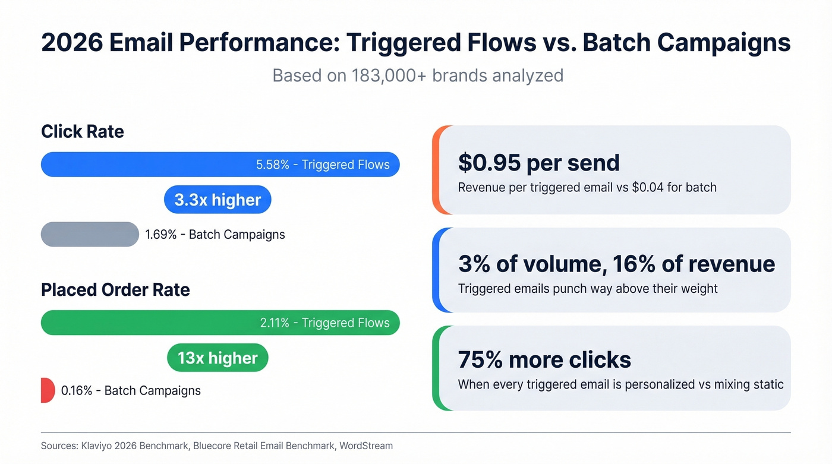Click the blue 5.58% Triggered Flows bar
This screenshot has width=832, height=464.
tap(220, 165)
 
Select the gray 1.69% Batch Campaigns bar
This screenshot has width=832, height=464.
tap(90, 234)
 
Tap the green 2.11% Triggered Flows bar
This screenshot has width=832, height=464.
tap(220, 323)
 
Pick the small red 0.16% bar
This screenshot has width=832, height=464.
tap(47, 390)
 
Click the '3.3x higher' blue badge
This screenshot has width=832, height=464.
tap(218, 200)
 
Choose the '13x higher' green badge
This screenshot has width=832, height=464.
tap(218, 358)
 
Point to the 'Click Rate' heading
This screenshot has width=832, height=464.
tap(83, 131)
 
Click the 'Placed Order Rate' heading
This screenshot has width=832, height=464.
tap(115, 289)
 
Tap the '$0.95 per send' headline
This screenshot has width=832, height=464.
tap(538, 163)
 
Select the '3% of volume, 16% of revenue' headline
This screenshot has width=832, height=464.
tap(616, 264)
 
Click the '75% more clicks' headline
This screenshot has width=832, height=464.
tap(544, 359)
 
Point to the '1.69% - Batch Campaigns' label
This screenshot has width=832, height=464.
tap(215, 234)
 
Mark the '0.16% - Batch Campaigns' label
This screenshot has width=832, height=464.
tap(131, 390)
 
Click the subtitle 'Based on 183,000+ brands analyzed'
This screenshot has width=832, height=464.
tap(418, 75)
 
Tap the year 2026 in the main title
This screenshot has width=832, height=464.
tap(73, 43)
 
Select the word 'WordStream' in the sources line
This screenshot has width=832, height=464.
tap(366, 446)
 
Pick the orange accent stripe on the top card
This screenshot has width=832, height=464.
tap(435, 170)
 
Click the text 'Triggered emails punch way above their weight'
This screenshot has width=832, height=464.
tap(588, 289)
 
